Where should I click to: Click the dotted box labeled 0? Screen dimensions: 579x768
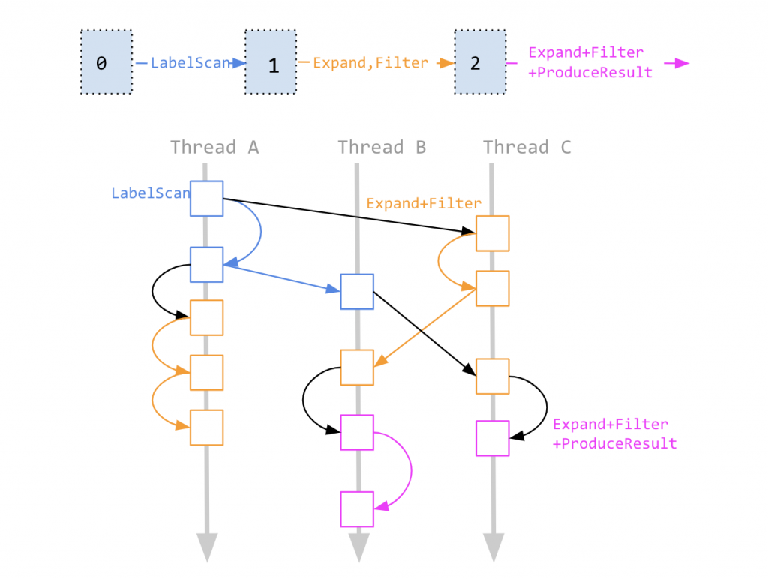pyautogui.click(x=106, y=62)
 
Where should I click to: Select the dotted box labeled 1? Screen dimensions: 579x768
pyautogui.click(x=271, y=62)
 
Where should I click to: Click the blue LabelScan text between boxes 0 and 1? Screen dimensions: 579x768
pyautogui.click(x=190, y=63)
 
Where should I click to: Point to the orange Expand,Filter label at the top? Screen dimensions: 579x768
pyautogui.click(x=370, y=63)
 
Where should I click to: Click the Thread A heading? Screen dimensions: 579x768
pyautogui.click(x=214, y=148)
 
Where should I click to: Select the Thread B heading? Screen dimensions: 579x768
pyautogui.click(x=382, y=148)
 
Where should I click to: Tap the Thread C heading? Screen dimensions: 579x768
pyautogui.click(x=526, y=148)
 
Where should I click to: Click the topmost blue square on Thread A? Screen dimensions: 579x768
pyautogui.click(x=206, y=198)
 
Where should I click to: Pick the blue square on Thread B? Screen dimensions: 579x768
pyautogui.click(x=357, y=291)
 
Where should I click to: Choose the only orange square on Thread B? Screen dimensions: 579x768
pyautogui.click(x=357, y=367)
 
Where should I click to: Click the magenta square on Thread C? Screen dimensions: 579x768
pyautogui.click(x=493, y=439)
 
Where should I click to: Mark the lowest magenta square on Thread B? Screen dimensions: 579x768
pyautogui.click(x=357, y=508)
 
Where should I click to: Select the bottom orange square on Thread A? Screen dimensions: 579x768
pyautogui.click(x=206, y=427)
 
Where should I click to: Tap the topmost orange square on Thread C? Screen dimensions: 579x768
pyautogui.click(x=493, y=233)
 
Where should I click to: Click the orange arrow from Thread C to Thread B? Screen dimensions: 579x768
pyautogui.click(x=426, y=328)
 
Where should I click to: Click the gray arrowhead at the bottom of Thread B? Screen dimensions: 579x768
pyautogui.click(x=357, y=547)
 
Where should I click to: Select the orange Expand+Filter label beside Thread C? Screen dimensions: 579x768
pyautogui.click(x=423, y=203)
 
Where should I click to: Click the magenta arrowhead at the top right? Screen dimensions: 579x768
pyautogui.click(x=680, y=63)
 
